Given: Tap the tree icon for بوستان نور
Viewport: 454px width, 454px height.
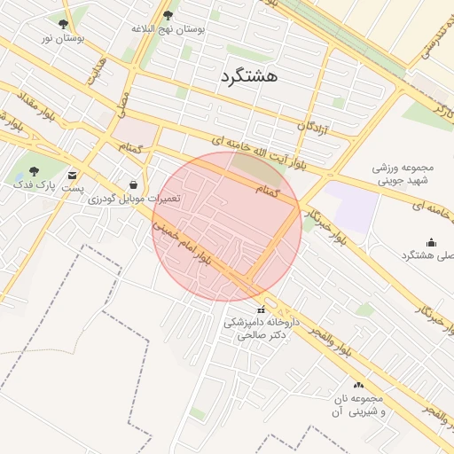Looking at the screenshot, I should (x=63, y=25).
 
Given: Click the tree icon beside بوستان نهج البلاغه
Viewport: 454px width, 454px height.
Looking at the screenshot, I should (x=168, y=15).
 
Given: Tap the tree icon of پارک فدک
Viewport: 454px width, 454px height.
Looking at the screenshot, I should (x=34, y=171).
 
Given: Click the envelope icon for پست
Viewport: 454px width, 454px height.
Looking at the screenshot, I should (x=72, y=174).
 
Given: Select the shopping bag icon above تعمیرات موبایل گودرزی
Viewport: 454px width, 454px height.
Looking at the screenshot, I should (x=133, y=184).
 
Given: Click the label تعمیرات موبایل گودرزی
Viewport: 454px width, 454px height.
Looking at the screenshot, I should (x=134, y=199).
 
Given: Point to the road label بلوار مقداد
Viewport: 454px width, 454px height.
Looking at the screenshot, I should (x=27, y=106).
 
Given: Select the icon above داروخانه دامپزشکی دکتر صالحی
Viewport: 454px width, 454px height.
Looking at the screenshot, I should (x=261, y=309).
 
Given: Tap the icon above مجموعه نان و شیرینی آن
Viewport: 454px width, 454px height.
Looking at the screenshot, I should (x=359, y=386).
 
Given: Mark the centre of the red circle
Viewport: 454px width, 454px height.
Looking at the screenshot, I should (x=227, y=226).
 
